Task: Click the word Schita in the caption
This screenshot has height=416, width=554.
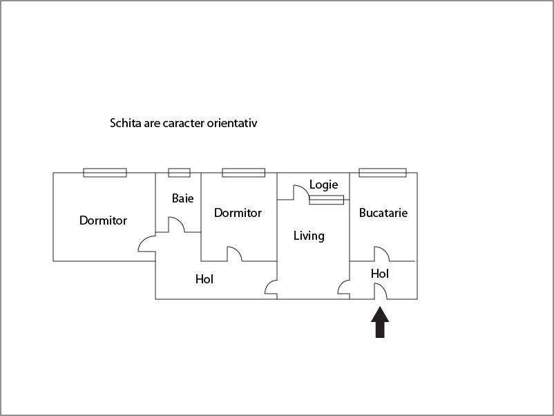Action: (x=125, y=123)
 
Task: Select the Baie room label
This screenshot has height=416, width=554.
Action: (x=182, y=198)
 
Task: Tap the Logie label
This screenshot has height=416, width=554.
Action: (x=323, y=185)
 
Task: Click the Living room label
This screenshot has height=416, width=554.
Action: (x=309, y=236)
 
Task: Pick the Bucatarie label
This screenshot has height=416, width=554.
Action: (x=383, y=213)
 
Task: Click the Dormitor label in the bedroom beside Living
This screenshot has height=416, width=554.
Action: (x=238, y=213)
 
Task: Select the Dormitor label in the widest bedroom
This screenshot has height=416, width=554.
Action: (x=103, y=220)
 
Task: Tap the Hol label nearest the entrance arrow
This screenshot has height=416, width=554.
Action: (x=380, y=274)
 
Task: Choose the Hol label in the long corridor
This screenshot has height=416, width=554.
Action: (x=204, y=279)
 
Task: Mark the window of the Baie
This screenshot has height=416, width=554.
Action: (x=179, y=173)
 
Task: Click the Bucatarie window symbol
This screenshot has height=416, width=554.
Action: (x=383, y=173)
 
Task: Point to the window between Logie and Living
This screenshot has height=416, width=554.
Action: (x=326, y=200)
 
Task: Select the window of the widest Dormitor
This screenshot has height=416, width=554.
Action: (x=105, y=173)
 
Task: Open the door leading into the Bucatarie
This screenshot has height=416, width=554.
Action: (x=381, y=254)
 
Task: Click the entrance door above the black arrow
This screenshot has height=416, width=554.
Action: (x=381, y=292)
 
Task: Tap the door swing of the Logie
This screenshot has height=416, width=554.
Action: (x=300, y=192)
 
